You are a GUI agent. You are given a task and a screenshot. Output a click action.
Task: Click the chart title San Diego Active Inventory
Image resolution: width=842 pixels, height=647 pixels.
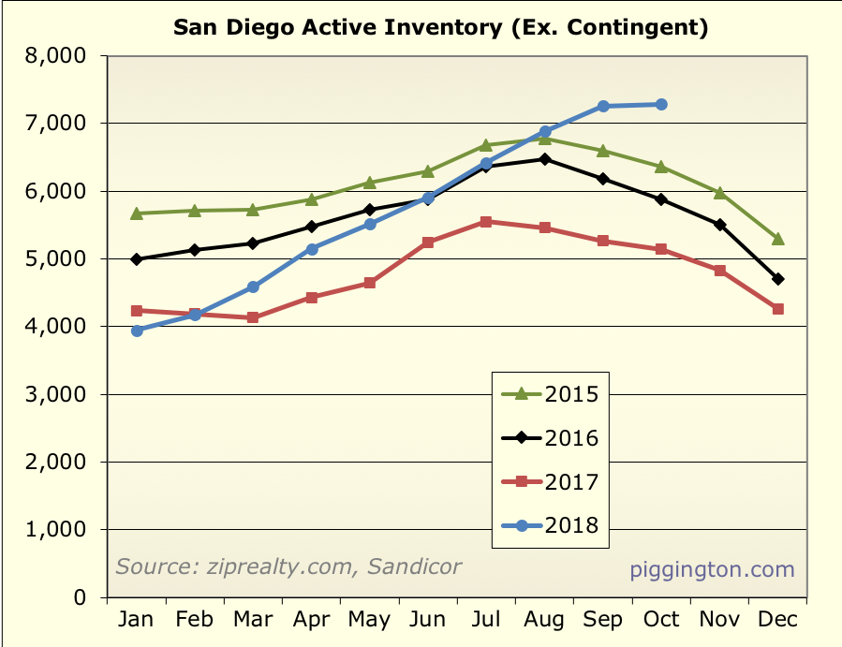440,27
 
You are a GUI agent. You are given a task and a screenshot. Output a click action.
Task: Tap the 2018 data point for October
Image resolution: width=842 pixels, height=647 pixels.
661,104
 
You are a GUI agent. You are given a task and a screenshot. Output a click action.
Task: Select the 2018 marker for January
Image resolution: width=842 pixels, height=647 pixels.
137,331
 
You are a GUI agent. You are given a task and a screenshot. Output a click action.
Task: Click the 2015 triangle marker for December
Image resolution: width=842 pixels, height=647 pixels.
777,239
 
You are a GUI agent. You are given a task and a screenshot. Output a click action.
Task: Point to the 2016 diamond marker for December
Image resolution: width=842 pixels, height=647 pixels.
777,279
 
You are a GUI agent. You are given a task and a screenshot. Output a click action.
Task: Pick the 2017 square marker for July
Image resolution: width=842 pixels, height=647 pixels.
486,222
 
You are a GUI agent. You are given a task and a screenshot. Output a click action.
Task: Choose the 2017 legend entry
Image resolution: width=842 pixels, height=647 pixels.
550,482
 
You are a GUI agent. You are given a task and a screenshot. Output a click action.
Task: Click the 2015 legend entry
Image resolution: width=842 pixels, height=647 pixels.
550,392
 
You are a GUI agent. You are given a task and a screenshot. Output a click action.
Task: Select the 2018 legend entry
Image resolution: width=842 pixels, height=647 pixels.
550,526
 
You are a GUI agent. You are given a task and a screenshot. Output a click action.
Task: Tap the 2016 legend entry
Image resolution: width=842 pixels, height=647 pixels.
550,437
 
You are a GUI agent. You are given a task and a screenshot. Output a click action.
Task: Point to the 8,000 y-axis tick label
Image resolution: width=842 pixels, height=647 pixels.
53,56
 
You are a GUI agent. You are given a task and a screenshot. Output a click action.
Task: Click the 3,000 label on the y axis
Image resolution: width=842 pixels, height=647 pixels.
53,394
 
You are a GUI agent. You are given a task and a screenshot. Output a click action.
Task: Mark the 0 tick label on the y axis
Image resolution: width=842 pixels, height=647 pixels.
80,597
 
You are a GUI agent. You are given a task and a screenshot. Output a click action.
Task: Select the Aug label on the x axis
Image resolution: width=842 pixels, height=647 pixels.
544,620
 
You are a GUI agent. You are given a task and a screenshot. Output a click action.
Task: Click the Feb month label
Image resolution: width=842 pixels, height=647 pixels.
195,620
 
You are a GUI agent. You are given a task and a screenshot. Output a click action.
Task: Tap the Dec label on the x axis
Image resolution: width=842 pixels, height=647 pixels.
776,620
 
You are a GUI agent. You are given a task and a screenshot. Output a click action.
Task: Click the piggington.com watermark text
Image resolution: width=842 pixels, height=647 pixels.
712,569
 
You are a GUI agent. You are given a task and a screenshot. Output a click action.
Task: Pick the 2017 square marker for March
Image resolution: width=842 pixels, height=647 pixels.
253,317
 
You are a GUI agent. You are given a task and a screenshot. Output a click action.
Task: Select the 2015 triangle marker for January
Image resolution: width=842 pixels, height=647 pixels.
137,213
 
